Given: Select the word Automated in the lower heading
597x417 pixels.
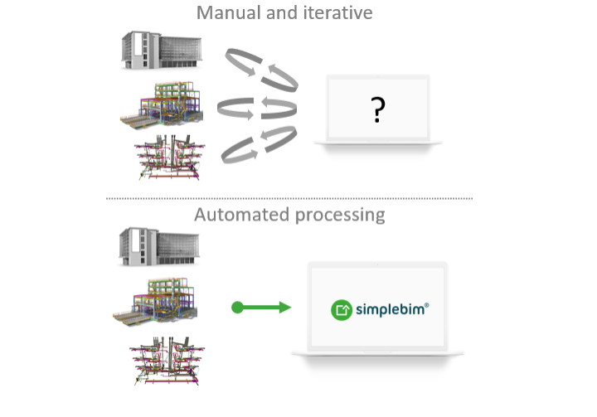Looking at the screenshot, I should point(241,215).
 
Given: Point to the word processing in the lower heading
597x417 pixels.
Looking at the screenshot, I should point(339,216).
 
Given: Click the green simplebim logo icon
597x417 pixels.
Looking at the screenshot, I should point(342,310).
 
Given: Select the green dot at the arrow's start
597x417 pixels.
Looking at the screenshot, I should point(237,308).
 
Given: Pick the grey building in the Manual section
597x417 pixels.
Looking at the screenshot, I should point(162,50).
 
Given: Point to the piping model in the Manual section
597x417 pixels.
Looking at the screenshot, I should point(171,156).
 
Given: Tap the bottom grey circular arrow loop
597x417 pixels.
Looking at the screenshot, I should point(259,143).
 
